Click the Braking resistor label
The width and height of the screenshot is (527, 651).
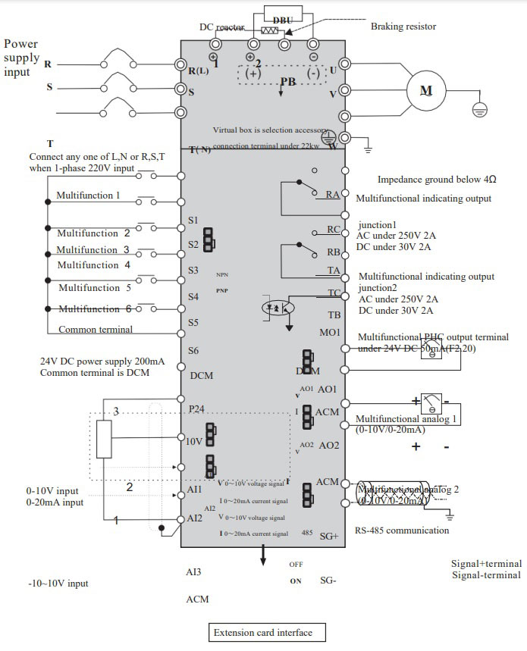click(403, 27)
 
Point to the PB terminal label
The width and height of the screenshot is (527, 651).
click(288, 80)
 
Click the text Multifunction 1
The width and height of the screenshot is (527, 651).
click(88, 196)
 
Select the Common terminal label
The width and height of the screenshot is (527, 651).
click(95, 330)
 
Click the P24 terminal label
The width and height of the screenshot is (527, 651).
click(196, 408)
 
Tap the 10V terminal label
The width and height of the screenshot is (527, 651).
click(195, 442)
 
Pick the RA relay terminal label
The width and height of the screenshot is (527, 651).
click(333, 195)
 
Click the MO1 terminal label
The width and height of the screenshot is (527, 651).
click(331, 333)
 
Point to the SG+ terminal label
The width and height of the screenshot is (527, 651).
click(328, 536)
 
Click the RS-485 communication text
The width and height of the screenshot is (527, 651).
click(402, 531)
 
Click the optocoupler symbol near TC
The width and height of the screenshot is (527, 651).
click(274, 309)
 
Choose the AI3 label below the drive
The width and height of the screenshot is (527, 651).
click(193, 572)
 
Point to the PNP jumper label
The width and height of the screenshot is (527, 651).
click(222, 290)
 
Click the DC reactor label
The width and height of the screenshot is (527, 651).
click(221, 27)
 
